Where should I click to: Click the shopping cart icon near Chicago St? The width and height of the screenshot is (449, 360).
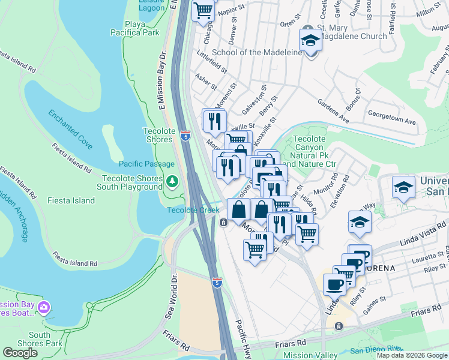point(203,10)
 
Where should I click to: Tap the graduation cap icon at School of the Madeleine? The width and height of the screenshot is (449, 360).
point(310,41)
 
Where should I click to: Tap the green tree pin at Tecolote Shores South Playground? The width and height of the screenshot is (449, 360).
point(172,181)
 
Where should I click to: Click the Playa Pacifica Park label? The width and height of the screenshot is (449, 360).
point(133,28)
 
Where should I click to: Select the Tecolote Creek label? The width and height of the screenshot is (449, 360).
point(193,210)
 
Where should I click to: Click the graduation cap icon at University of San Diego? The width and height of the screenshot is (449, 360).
point(403,188)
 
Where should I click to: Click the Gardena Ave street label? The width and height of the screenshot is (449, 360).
point(333,111)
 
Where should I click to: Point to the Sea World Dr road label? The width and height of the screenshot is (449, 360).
point(170,305)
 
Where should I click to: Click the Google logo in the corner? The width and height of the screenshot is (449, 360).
point(20,353)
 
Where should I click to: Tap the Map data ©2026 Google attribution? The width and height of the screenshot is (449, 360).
point(412,355)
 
